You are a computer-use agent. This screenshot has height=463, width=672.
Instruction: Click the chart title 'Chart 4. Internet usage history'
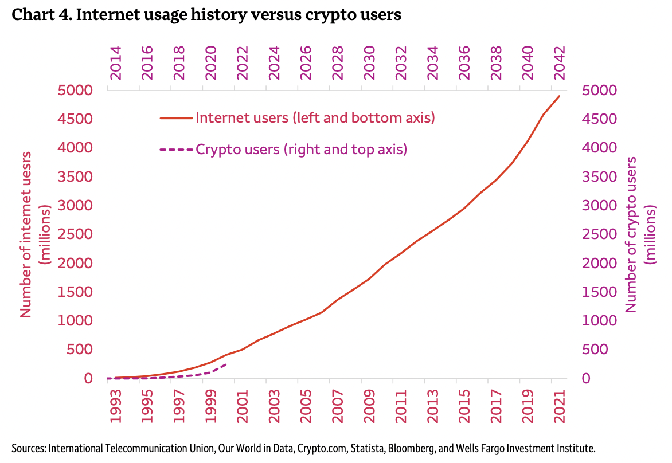click(206, 15)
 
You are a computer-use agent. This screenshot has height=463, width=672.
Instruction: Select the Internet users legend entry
click(315, 118)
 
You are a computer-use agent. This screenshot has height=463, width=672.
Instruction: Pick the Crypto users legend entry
click(301, 150)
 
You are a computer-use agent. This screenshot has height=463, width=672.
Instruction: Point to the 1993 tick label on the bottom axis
click(116, 407)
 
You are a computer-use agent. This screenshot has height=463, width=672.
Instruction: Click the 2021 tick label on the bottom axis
click(560, 407)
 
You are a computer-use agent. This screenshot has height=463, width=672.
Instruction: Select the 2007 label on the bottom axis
click(338, 407)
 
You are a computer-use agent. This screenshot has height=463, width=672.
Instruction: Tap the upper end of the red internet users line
click(559, 96)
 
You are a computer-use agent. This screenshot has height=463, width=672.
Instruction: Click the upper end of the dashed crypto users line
click(227, 364)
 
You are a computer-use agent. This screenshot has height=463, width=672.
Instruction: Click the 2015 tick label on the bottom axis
click(464, 407)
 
